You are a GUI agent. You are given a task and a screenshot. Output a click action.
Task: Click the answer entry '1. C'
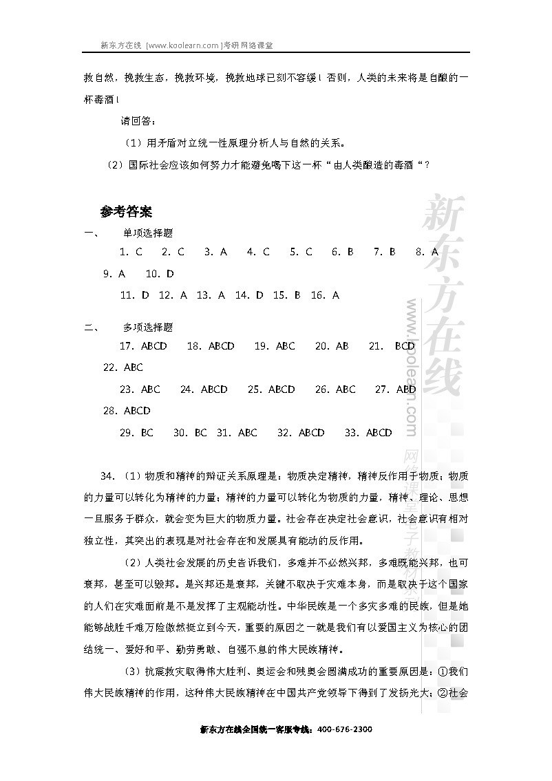130,252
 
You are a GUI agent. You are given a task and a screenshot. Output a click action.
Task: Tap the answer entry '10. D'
160,273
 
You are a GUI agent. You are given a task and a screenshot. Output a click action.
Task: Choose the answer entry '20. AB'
332,346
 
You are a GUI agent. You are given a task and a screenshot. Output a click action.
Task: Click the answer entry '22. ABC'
123,367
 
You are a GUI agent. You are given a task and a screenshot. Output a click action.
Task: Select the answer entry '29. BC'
136,433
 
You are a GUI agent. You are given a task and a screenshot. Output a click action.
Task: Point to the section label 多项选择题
147,328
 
